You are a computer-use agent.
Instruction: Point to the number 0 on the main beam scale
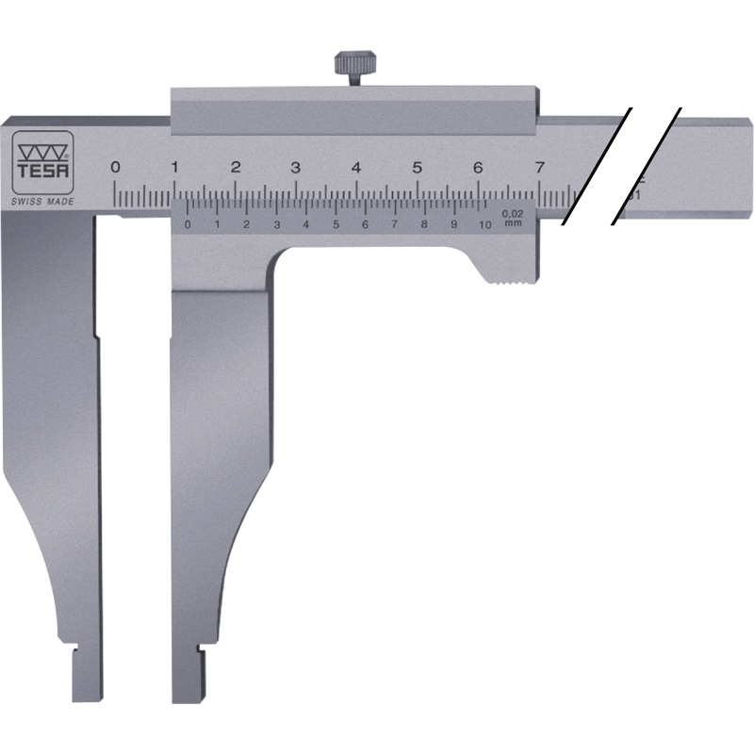pyautogui.click(x=115, y=167)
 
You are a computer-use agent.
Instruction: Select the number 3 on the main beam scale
pyautogui.click(x=296, y=167)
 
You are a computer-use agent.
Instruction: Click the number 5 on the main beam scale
pyautogui.click(x=417, y=167)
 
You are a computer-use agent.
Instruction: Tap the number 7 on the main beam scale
pyautogui.click(x=538, y=167)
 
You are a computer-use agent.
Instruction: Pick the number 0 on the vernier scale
pyautogui.click(x=187, y=224)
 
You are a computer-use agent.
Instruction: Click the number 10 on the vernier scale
pyautogui.click(x=484, y=224)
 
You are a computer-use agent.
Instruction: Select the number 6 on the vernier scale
pyautogui.click(x=365, y=224)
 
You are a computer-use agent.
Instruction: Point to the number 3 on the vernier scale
pyautogui.click(x=276, y=224)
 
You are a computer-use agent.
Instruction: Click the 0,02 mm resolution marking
pyautogui.click(x=513, y=218)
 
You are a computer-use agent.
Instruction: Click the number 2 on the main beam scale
pyautogui.click(x=236, y=167)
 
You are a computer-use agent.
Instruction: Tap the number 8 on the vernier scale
pyautogui.click(x=424, y=224)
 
